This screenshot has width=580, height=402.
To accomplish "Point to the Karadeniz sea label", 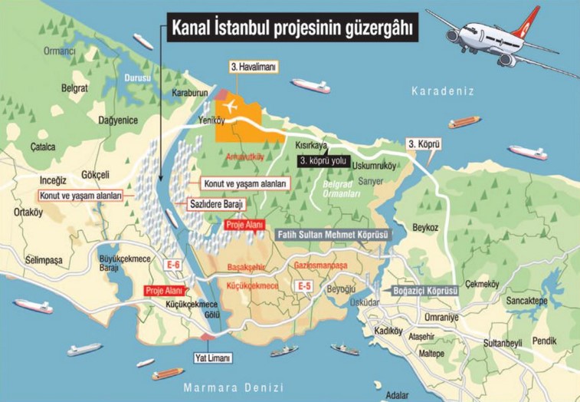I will (x=443, y=91).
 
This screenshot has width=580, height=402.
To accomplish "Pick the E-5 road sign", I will (x=304, y=286).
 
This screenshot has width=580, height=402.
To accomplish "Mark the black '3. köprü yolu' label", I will (x=326, y=160).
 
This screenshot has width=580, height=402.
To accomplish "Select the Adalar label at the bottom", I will (x=397, y=395).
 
